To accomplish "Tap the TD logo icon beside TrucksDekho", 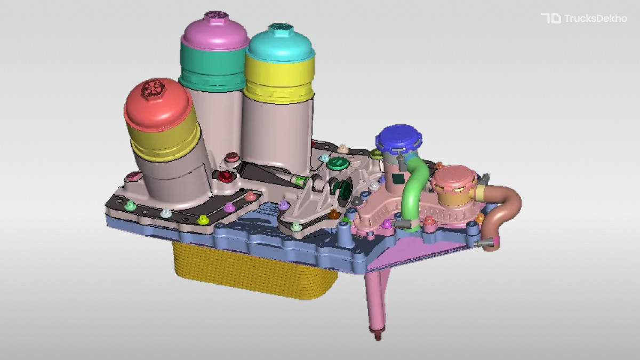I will click(x=550, y=19).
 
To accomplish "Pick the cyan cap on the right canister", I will click(x=279, y=43).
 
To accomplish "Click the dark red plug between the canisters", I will click(x=226, y=177).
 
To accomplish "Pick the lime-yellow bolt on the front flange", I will click(x=203, y=219).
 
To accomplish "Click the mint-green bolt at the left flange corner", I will click(x=129, y=204).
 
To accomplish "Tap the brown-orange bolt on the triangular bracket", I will click(x=334, y=214).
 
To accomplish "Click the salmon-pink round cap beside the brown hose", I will click(x=454, y=179).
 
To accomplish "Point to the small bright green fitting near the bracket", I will click(x=300, y=180).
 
